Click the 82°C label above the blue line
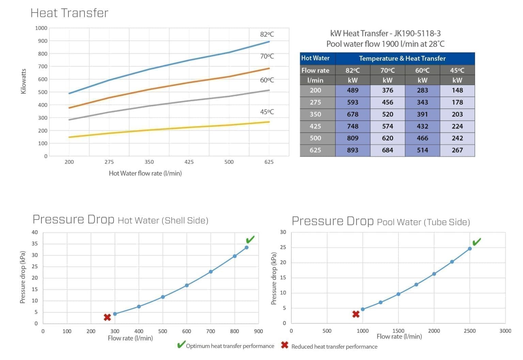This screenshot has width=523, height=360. pyautogui.click(x=267, y=34)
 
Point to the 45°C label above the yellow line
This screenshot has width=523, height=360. pyautogui.click(x=267, y=112)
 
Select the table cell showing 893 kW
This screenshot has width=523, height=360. pyautogui.click(x=352, y=150)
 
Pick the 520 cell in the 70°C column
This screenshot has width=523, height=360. pyautogui.click(x=387, y=114)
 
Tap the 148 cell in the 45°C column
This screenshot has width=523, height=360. pyautogui.click(x=457, y=90)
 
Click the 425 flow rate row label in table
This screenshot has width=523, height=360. pyautogui.click(x=315, y=126)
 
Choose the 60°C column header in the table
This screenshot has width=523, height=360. pyautogui.click(x=422, y=70)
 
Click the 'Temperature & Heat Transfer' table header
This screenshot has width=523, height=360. pyautogui.click(x=402, y=59)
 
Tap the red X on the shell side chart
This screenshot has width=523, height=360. pyautogui.click(x=107, y=317)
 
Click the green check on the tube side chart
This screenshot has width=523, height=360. pyautogui.click(x=477, y=242)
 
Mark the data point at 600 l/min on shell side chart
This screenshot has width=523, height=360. pyautogui.click(x=187, y=285)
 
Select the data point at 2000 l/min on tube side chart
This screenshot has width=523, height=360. pyautogui.click(x=434, y=274)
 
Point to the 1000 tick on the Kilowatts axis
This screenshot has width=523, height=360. pyautogui.click(x=41, y=28)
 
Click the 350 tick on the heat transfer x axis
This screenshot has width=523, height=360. pyautogui.click(x=149, y=162)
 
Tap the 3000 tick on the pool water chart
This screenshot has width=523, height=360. pyautogui.click(x=505, y=331)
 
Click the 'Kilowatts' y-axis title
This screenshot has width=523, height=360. pyautogui.click(x=23, y=81)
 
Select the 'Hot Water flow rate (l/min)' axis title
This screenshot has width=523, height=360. pyautogui.click(x=145, y=173)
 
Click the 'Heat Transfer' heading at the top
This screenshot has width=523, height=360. pyautogui.click(x=69, y=13)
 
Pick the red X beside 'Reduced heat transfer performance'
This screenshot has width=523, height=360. pyautogui.click(x=285, y=345)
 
